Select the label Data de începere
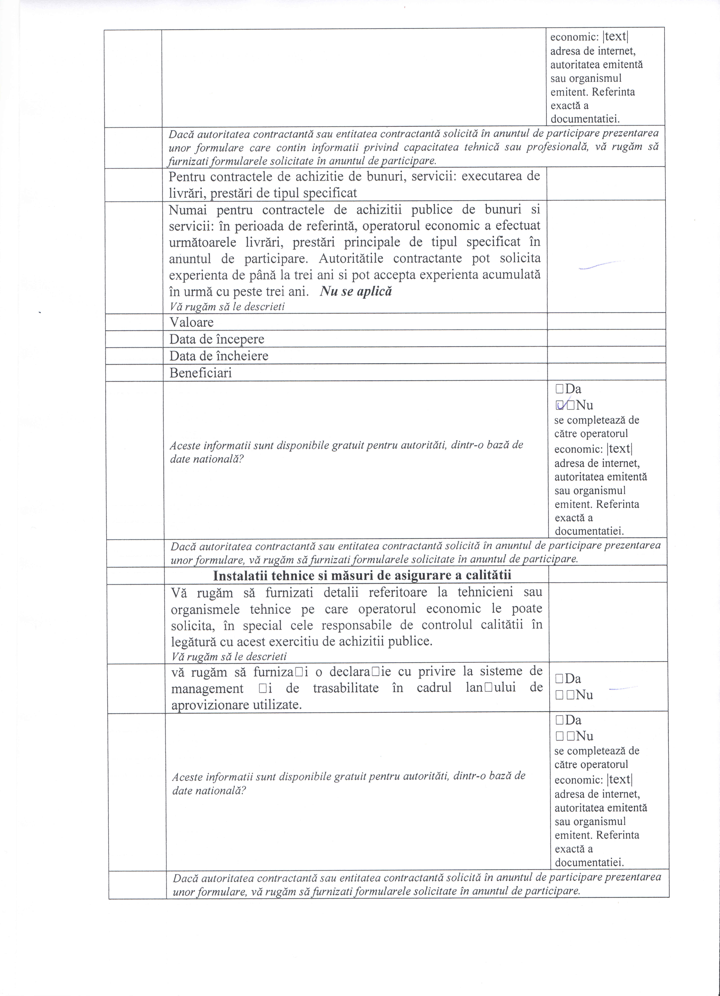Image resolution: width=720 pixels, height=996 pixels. pyautogui.click(x=217, y=339)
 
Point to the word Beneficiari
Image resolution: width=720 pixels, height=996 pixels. pyautogui.click(x=200, y=373)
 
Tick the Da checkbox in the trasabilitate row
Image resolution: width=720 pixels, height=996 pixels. pyautogui.click(x=559, y=678)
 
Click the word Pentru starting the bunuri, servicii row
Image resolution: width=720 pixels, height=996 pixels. pyautogui.click(x=187, y=177)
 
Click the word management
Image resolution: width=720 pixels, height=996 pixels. pyautogui.click(x=207, y=688)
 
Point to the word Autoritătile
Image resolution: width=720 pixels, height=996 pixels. pyautogui.click(x=351, y=258)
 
